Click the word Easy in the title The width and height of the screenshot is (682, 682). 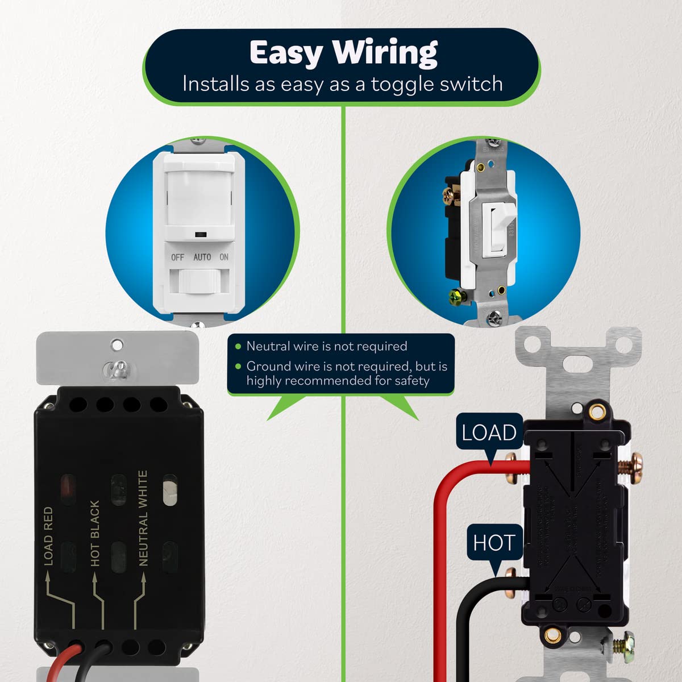287,53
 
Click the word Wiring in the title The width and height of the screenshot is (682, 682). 385,53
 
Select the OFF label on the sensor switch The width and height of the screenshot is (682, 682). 178,257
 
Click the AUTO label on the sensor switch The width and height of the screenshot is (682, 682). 202,257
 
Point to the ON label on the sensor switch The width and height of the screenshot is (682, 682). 224,257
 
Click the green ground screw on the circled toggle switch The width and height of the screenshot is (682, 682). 454,296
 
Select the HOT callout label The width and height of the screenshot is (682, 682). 493,543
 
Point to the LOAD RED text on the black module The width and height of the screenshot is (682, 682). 48,537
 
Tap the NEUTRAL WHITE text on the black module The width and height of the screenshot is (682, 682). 143,518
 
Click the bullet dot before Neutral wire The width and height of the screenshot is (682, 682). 238,346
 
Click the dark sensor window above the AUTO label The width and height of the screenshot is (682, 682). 200,234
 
